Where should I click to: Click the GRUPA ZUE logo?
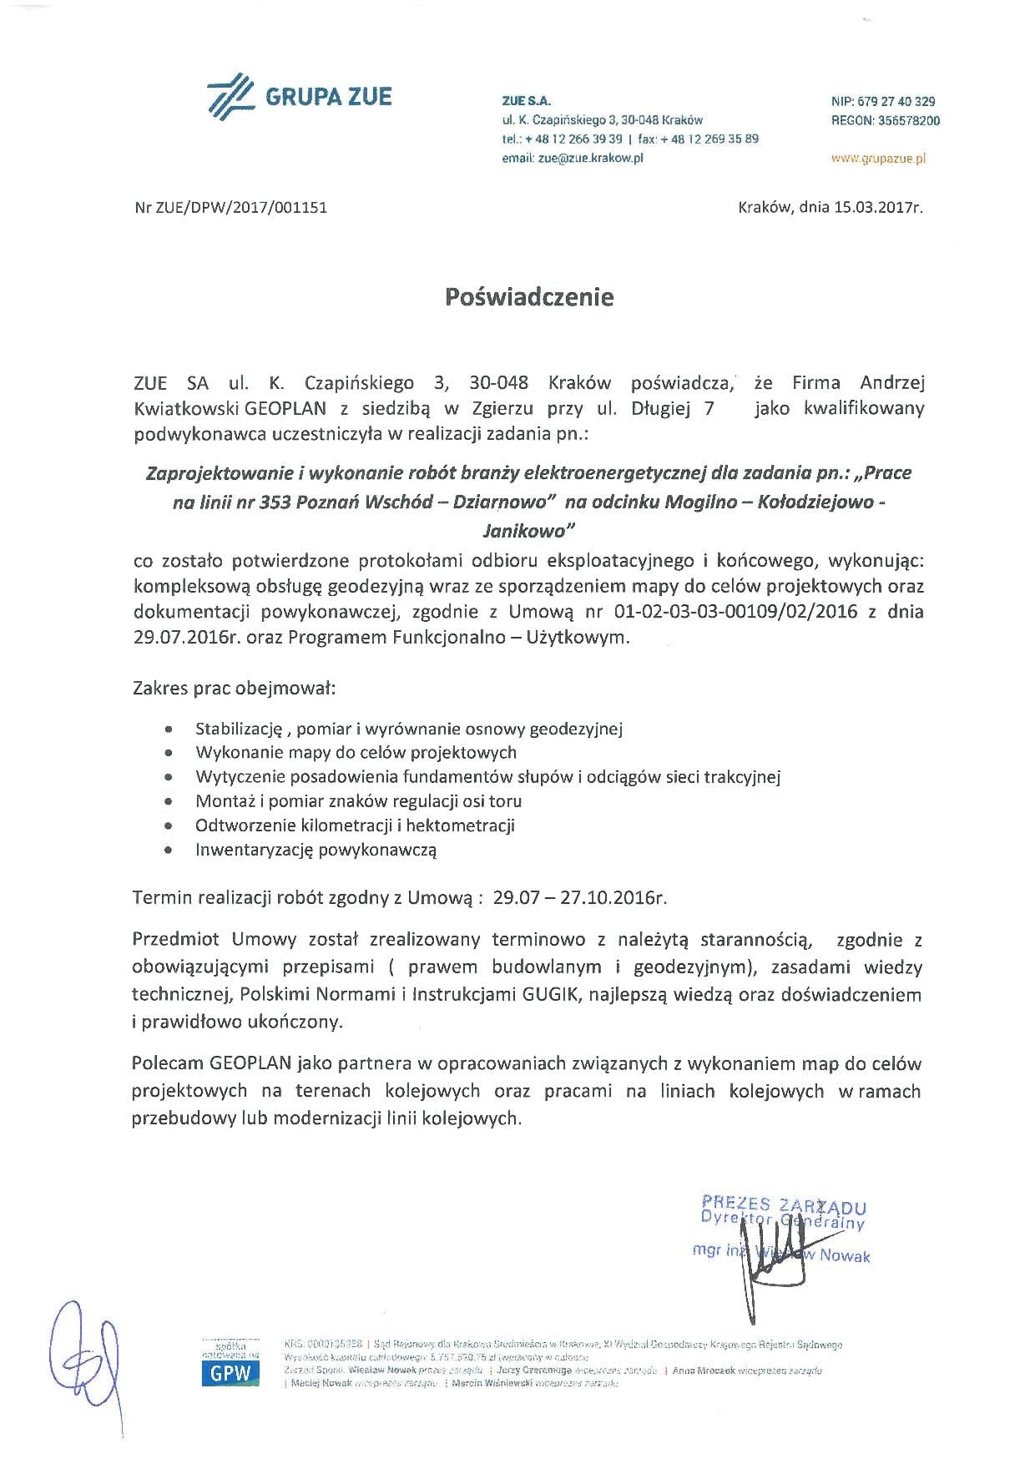click(300, 96)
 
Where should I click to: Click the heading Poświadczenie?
click(529, 297)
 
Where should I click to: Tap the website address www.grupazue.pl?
click(879, 158)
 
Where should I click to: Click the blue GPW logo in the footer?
click(230, 1375)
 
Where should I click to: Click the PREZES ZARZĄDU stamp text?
click(784, 1205)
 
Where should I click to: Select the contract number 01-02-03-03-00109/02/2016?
click(735, 611)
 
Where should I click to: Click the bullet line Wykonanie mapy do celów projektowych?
click(356, 752)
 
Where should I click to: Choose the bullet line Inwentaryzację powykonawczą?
click(316, 850)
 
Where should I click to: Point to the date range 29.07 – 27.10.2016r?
click(580, 898)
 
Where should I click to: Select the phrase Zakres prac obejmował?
click(234, 689)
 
